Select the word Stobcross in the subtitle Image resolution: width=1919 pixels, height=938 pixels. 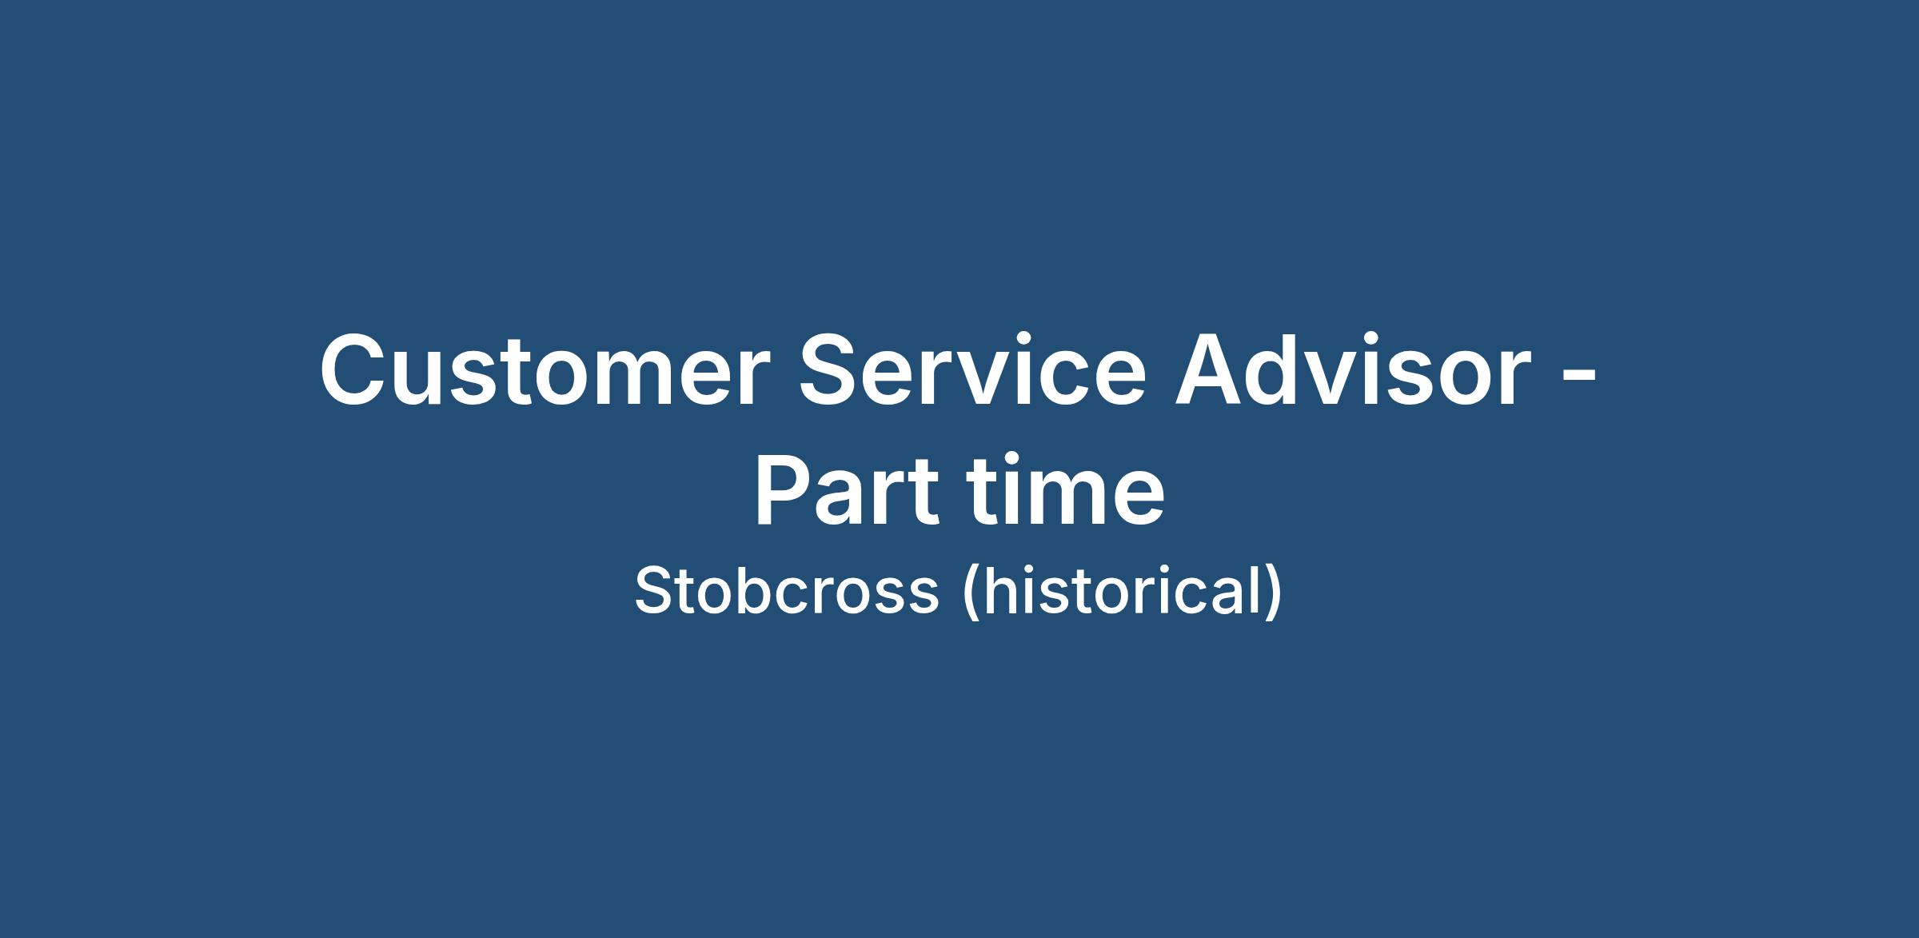click(786, 590)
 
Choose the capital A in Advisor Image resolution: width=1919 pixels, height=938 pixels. click(1210, 369)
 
